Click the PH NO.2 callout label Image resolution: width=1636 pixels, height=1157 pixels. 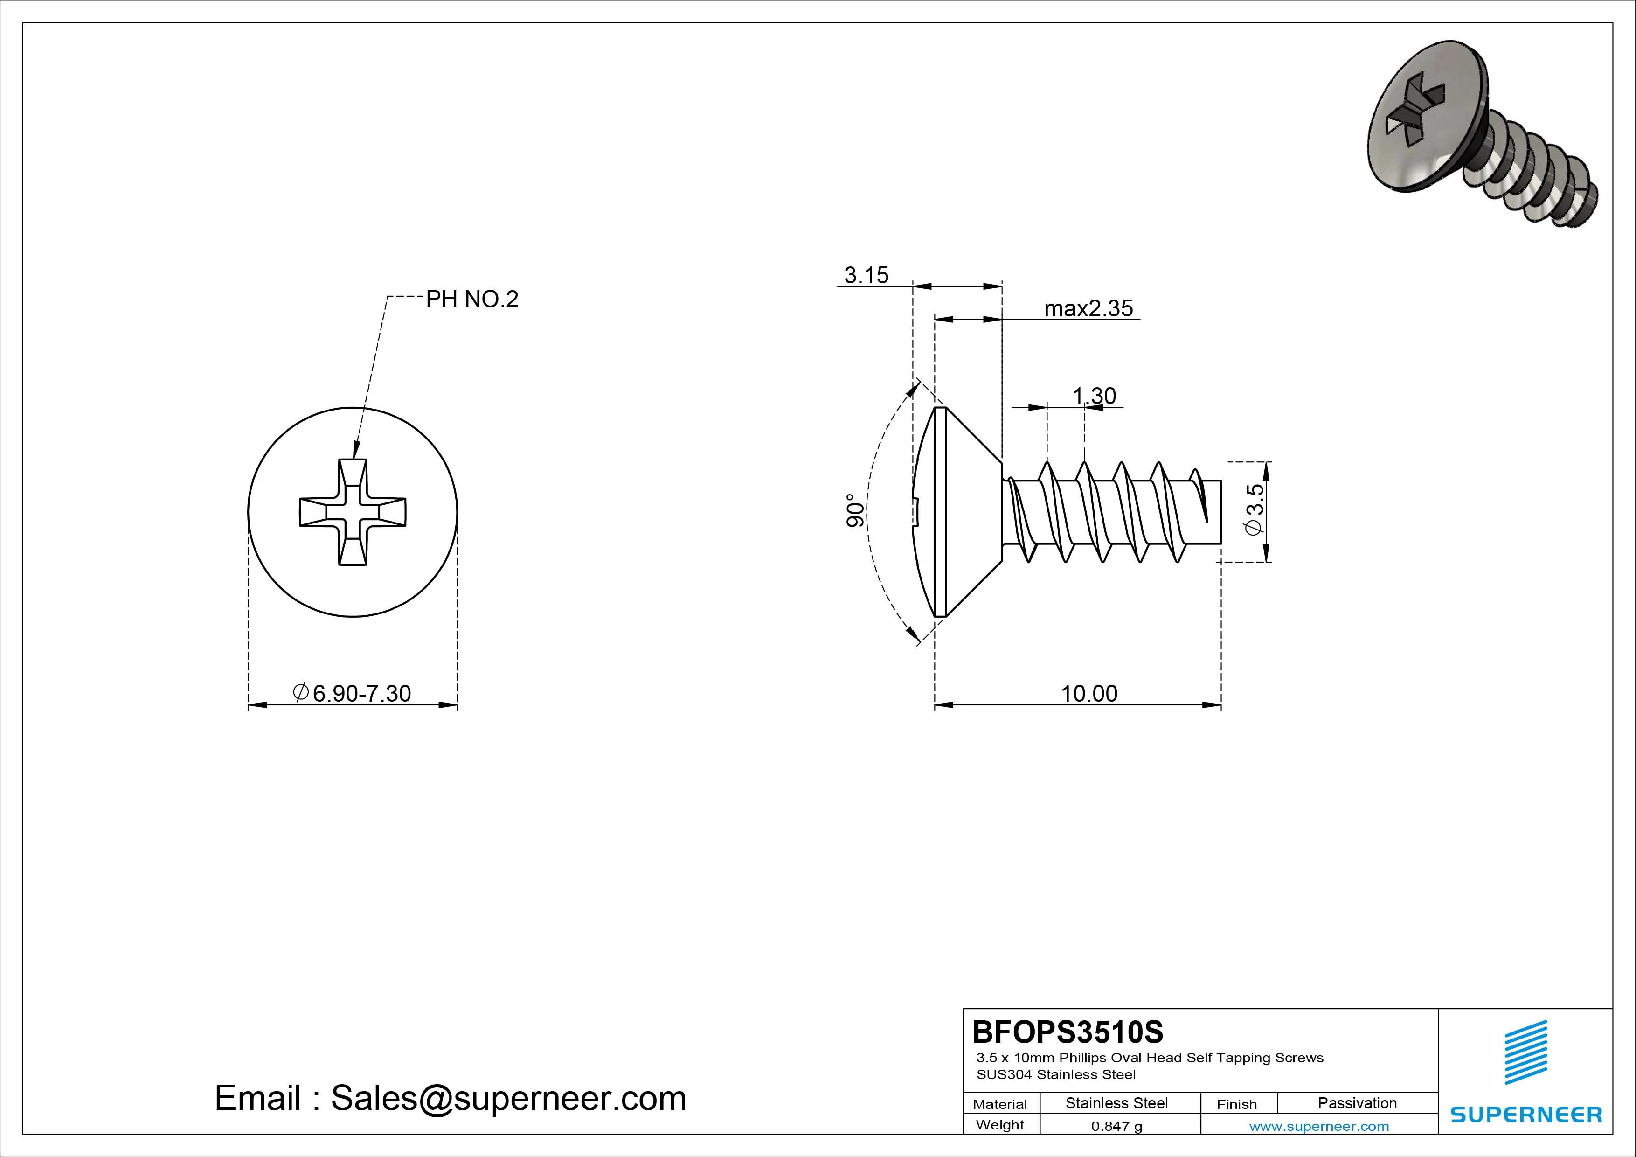pos(471,300)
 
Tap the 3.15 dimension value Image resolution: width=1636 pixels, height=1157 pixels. pos(866,275)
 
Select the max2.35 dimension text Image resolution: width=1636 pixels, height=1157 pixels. pos(1088,309)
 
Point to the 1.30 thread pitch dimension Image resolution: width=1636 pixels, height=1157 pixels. pos(1094,396)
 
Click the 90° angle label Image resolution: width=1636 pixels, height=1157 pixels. pos(855,510)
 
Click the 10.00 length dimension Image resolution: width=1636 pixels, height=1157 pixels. pos(1089,693)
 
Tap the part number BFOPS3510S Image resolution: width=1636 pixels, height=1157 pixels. pos(1068,1032)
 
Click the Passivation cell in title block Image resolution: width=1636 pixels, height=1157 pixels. pos(1357,1103)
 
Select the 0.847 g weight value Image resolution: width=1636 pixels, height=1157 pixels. pos(1116,1126)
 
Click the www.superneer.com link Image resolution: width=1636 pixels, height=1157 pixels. pos(1319,1126)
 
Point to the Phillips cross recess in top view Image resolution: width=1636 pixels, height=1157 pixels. pos(353,513)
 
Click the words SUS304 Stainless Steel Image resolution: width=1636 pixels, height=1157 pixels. pos(1056,1074)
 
